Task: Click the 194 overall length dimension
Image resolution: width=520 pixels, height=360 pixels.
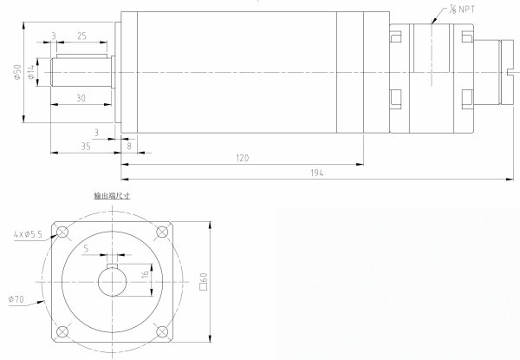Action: [316, 173]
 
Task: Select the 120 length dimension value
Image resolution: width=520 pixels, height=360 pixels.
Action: [243, 158]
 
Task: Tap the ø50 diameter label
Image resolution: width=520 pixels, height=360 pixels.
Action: [17, 72]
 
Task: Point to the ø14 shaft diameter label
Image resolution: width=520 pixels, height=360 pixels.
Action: [31, 72]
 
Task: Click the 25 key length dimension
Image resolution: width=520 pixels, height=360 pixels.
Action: [82, 36]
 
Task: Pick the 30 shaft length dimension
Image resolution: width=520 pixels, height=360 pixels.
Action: [81, 98]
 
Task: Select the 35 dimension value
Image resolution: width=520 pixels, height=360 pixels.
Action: [86, 147]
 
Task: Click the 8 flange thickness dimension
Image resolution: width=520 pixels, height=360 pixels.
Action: [129, 146]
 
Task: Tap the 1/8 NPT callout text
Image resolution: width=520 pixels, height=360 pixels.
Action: [462, 10]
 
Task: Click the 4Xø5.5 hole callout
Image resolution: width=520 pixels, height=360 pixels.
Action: [28, 234]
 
